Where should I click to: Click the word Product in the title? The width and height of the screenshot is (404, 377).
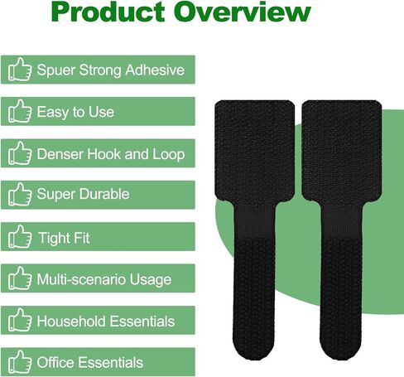tap(108, 12)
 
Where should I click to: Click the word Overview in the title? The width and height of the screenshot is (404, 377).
tap(243, 12)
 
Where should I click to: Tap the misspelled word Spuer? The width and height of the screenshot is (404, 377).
tap(56, 70)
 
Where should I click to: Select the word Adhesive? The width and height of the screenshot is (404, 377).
tap(155, 70)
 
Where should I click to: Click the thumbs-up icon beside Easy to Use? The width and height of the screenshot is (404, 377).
tap(20, 111)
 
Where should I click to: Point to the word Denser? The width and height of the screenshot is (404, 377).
tap(60, 154)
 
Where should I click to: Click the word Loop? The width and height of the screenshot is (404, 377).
tap(169, 154)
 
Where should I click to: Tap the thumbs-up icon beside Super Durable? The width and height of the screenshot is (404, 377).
tap(20, 194)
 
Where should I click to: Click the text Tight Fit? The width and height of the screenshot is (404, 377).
tap(64, 238)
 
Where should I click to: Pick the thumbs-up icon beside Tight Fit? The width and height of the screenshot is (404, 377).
tap(20, 236)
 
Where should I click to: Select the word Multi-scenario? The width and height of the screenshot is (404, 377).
tap(81, 279)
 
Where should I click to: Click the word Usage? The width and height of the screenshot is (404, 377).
tap(151, 280)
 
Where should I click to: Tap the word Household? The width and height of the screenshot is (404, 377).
tap(71, 321)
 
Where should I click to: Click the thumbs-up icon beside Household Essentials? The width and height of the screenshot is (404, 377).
tap(20, 320)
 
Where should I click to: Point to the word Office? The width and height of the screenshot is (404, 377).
tap(55, 362)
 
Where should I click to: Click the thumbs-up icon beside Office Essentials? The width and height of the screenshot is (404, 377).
tap(20, 362)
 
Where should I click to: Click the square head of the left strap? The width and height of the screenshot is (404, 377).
tap(254, 152)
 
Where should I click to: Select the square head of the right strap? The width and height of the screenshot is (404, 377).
tap(342, 152)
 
